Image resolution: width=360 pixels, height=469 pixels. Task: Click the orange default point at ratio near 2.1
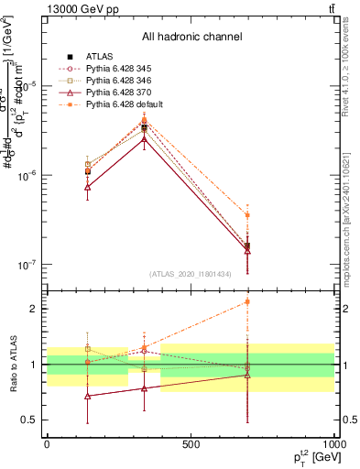coord(247,301)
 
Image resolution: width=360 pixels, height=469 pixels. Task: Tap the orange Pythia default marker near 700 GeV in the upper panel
coord(247,215)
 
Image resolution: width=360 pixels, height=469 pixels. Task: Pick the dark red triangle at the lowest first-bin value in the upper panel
coord(87,187)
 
